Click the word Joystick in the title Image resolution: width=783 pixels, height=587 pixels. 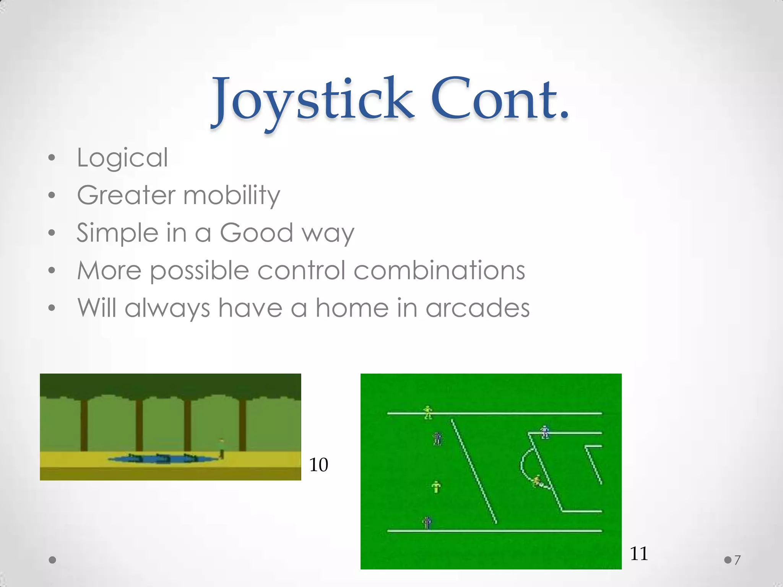click(313, 101)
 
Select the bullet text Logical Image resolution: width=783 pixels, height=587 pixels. click(122, 158)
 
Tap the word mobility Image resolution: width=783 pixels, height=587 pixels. click(232, 195)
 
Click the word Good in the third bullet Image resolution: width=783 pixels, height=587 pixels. click(256, 232)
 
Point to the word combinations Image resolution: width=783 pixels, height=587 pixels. click(439, 270)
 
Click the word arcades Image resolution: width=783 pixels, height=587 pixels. click(478, 308)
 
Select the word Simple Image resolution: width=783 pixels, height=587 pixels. click(117, 233)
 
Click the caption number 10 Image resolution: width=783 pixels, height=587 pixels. click(318, 465)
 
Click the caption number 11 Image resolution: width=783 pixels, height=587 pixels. click(638, 553)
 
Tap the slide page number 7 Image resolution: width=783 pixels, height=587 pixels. click(738, 560)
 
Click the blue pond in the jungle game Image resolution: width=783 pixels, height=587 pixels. click(161, 459)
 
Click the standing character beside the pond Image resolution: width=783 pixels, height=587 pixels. click(221, 448)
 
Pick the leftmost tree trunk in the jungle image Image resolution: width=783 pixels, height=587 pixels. click(84, 425)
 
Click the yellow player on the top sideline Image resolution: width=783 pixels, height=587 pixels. click(428, 412)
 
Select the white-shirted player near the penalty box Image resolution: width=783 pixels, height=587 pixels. click(545, 432)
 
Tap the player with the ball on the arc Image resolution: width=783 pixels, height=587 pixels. click(537, 481)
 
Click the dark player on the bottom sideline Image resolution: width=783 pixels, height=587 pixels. click(427, 522)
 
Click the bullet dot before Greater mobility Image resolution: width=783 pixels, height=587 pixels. click(52, 196)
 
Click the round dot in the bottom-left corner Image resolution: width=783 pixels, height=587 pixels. click(53, 560)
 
